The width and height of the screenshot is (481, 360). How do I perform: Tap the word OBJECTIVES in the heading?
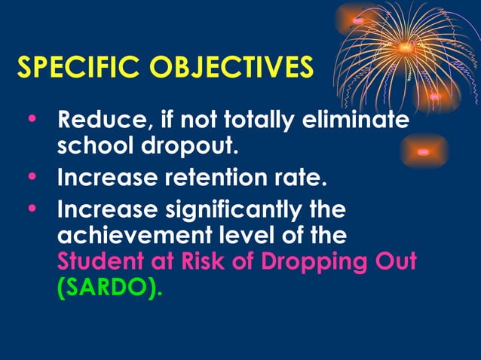point(230,67)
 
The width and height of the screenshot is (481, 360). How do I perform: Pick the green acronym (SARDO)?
point(109,288)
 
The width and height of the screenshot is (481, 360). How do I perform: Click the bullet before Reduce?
point(31,119)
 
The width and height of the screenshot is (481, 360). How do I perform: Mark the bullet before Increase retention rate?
point(31,177)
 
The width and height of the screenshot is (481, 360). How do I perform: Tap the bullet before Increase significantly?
point(31,206)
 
